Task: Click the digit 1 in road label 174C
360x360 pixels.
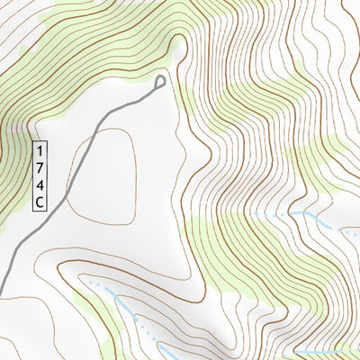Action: point(40,148)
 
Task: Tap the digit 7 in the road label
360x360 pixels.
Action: point(40,167)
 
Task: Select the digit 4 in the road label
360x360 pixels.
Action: point(40,185)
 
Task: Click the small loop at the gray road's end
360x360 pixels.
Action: point(161,83)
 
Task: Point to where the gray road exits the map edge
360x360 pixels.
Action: point(1,286)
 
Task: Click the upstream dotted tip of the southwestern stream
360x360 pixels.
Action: point(90,283)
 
